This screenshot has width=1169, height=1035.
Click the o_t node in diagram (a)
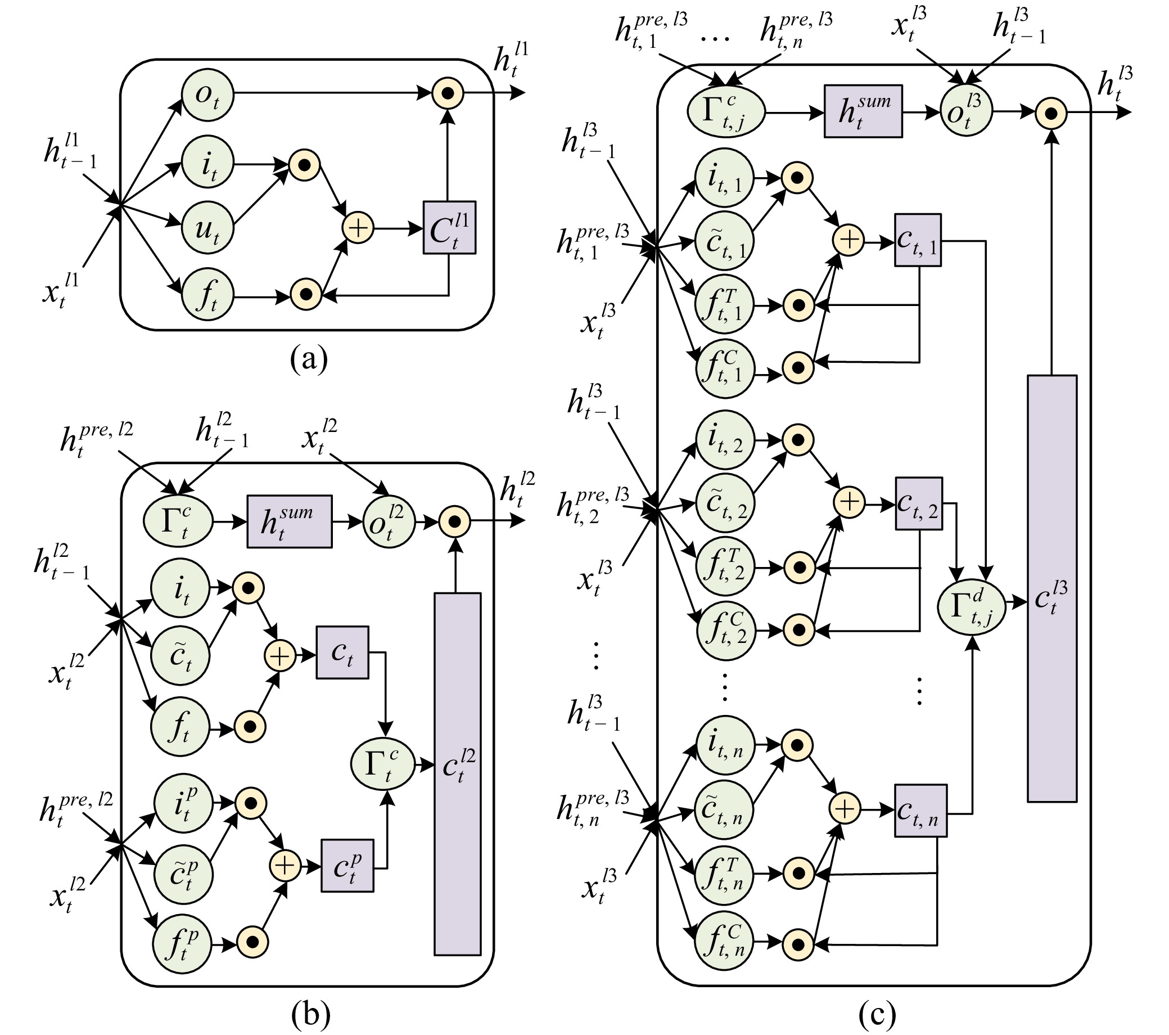point(207,94)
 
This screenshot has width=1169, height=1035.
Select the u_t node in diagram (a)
point(207,229)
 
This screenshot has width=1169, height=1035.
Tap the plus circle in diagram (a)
point(358,228)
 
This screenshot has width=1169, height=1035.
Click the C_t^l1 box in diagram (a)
point(449,228)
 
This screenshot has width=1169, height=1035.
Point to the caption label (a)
point(309,359)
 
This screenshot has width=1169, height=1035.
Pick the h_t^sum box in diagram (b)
point(290,521)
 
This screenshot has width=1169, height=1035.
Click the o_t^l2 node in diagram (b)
point(389,521)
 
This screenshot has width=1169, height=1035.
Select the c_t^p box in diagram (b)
point(347,866)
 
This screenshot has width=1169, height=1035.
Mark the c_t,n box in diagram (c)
point(920,810)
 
